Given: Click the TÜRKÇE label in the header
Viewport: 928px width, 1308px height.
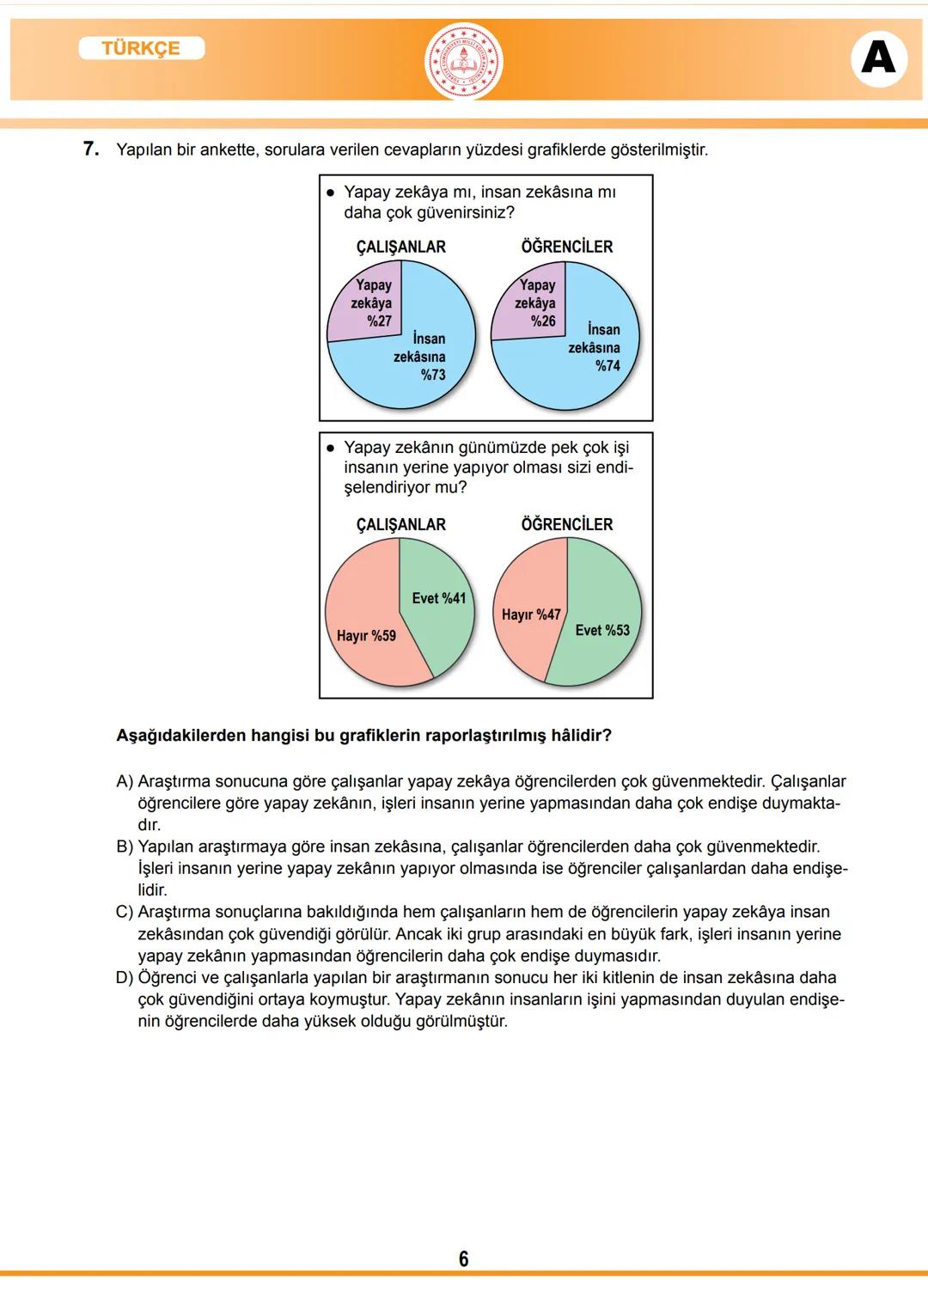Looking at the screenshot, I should [x=141, y=48].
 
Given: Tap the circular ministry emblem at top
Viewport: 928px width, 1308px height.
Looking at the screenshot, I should [x=464, y=62].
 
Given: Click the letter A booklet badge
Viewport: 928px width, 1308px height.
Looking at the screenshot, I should [x=878, y=58].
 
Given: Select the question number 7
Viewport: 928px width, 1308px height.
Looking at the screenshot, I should [x=91, y=149].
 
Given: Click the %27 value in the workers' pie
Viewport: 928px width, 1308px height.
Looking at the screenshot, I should [x=379, y=321].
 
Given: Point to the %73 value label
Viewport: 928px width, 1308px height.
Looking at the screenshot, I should [x=433, y=375].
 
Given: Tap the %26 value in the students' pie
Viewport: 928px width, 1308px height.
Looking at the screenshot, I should [x=542, y=321].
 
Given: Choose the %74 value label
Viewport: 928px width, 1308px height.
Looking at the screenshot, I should [x=607, y=366].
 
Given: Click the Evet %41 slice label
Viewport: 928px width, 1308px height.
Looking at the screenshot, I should [x=438, y=598].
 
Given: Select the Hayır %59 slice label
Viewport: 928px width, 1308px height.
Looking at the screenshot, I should [x=366, y=636].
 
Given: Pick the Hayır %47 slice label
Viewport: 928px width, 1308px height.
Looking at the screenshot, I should [x=530, y=614].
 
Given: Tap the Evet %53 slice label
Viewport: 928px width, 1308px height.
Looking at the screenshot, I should [x=602, y=630].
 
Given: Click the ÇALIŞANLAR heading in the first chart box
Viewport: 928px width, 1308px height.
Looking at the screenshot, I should [x=400, y=247].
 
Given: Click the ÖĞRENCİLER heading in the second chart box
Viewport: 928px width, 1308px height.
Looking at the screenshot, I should [x=566, y=524].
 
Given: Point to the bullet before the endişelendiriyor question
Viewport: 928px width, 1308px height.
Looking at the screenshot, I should [x=330, y=448].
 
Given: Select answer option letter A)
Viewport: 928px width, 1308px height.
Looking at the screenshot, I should [x=125, y=781].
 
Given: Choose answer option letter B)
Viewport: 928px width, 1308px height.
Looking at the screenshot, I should [x=125, y=847].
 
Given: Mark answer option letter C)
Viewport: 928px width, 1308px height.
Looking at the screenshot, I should [x=125, y=912].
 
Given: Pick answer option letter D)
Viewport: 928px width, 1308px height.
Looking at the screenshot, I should [x=125, y=977].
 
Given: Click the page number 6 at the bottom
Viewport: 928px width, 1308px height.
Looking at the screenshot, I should [x=464, y=1259].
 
